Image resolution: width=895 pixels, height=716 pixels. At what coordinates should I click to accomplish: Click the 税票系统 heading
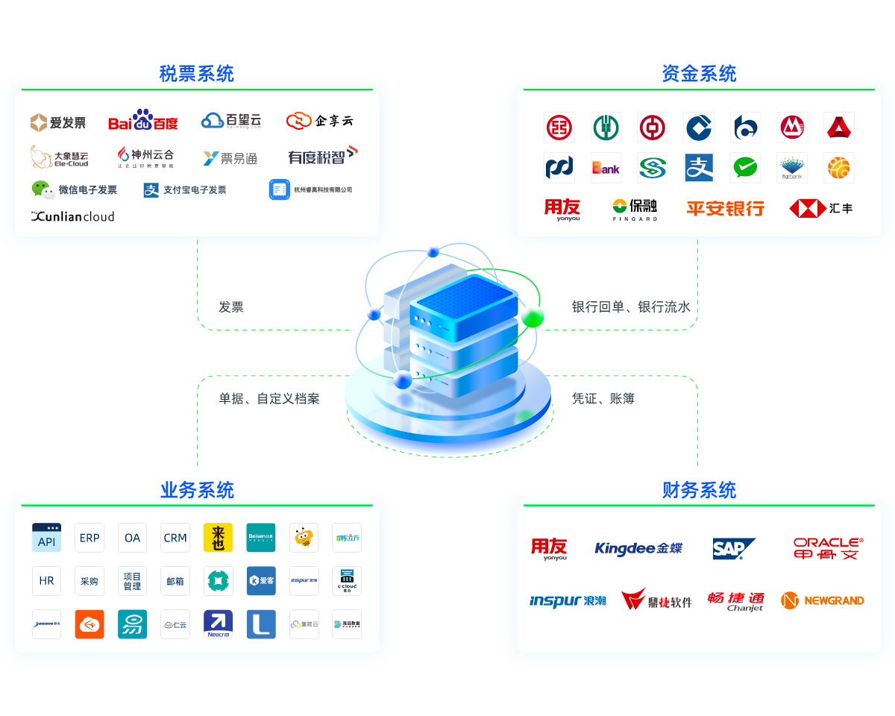pos(196,74)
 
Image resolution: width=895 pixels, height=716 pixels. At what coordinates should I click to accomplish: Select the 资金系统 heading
pos(699,74)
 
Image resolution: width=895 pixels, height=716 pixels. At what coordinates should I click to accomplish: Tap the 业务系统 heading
pos(197,490)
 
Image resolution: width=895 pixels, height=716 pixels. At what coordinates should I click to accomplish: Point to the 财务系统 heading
pos(699,490)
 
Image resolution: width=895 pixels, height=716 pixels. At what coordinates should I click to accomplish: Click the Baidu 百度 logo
pos(143,121)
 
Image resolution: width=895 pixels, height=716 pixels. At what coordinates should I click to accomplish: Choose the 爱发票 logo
pos(58,122)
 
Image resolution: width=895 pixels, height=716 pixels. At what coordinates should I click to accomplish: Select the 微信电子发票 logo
pos(74,189)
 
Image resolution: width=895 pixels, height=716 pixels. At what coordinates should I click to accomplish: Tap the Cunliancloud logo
pos(72,216)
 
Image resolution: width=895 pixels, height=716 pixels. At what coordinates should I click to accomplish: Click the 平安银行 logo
pos(725,208)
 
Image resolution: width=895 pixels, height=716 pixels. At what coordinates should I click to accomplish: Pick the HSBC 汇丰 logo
pos(820,208)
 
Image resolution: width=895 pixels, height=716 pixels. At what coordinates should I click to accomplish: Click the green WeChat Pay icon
pos(745,168)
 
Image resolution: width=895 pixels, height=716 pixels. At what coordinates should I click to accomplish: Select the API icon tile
pos(46,538)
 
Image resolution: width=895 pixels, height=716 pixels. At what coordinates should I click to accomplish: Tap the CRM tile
pos(175,538)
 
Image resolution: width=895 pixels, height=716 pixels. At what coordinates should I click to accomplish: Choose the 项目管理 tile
pos(132,581)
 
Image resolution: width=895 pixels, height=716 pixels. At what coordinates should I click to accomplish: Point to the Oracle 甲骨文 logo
pos(828,548)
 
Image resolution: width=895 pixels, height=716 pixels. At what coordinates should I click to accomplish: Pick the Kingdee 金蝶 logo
pos(638,549)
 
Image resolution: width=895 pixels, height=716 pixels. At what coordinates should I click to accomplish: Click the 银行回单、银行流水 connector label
pos(631,307)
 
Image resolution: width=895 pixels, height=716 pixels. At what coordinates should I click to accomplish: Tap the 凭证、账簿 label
pos(603,399)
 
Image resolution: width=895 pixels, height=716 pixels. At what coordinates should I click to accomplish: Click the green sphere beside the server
pos(533,316)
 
